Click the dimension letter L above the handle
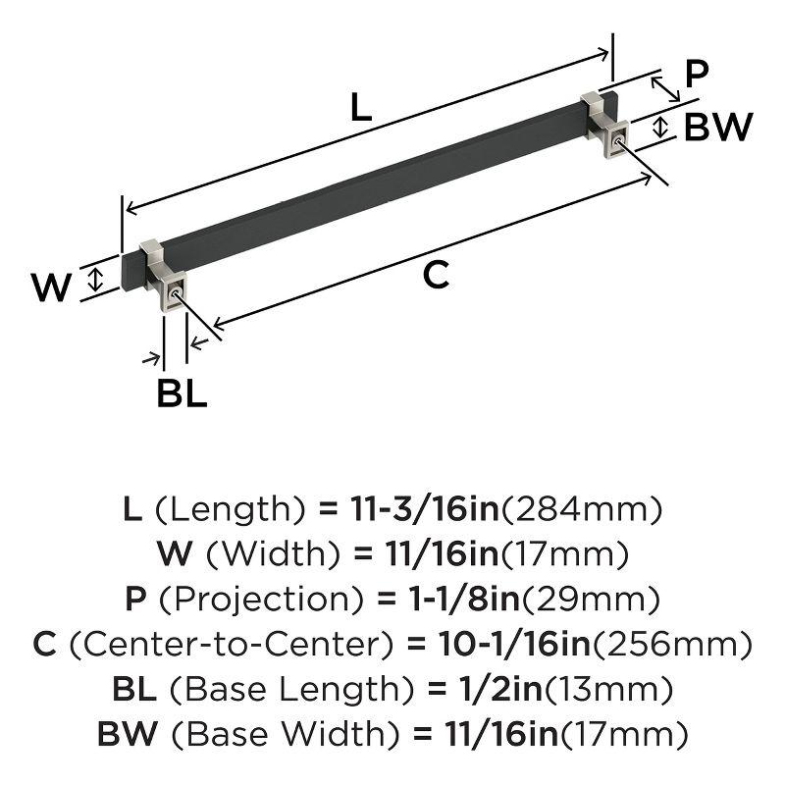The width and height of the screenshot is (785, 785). point(361,108)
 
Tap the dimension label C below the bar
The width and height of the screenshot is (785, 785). point(436,277)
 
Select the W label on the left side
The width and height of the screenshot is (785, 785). point(51,288)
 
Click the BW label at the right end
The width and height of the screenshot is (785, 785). point(717,128)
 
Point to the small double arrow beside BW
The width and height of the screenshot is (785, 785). point(661,126)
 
